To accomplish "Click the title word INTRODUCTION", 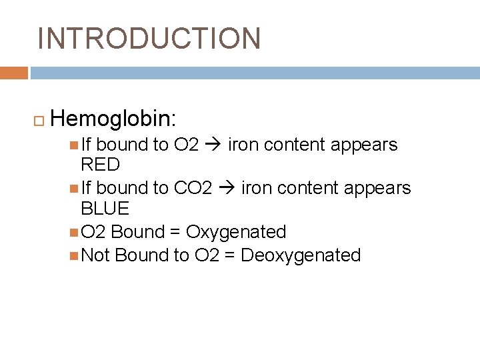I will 149,39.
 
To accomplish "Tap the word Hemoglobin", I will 112,119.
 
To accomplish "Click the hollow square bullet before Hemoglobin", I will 37,120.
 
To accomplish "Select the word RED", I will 100,165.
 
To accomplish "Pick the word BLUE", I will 105,209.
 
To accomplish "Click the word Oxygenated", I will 236,232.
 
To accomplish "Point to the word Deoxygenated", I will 301,255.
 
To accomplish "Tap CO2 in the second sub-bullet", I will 193,189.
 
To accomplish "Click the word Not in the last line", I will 95,255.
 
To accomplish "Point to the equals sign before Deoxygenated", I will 229,256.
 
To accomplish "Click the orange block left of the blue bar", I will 14,73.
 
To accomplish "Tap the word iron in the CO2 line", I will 255,189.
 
